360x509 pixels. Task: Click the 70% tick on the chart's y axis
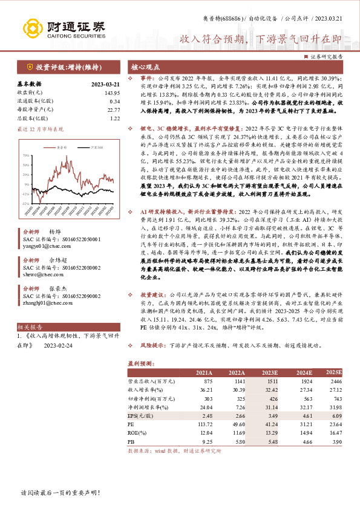click(25, 155)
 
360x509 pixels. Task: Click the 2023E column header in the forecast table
click(270, 372)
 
